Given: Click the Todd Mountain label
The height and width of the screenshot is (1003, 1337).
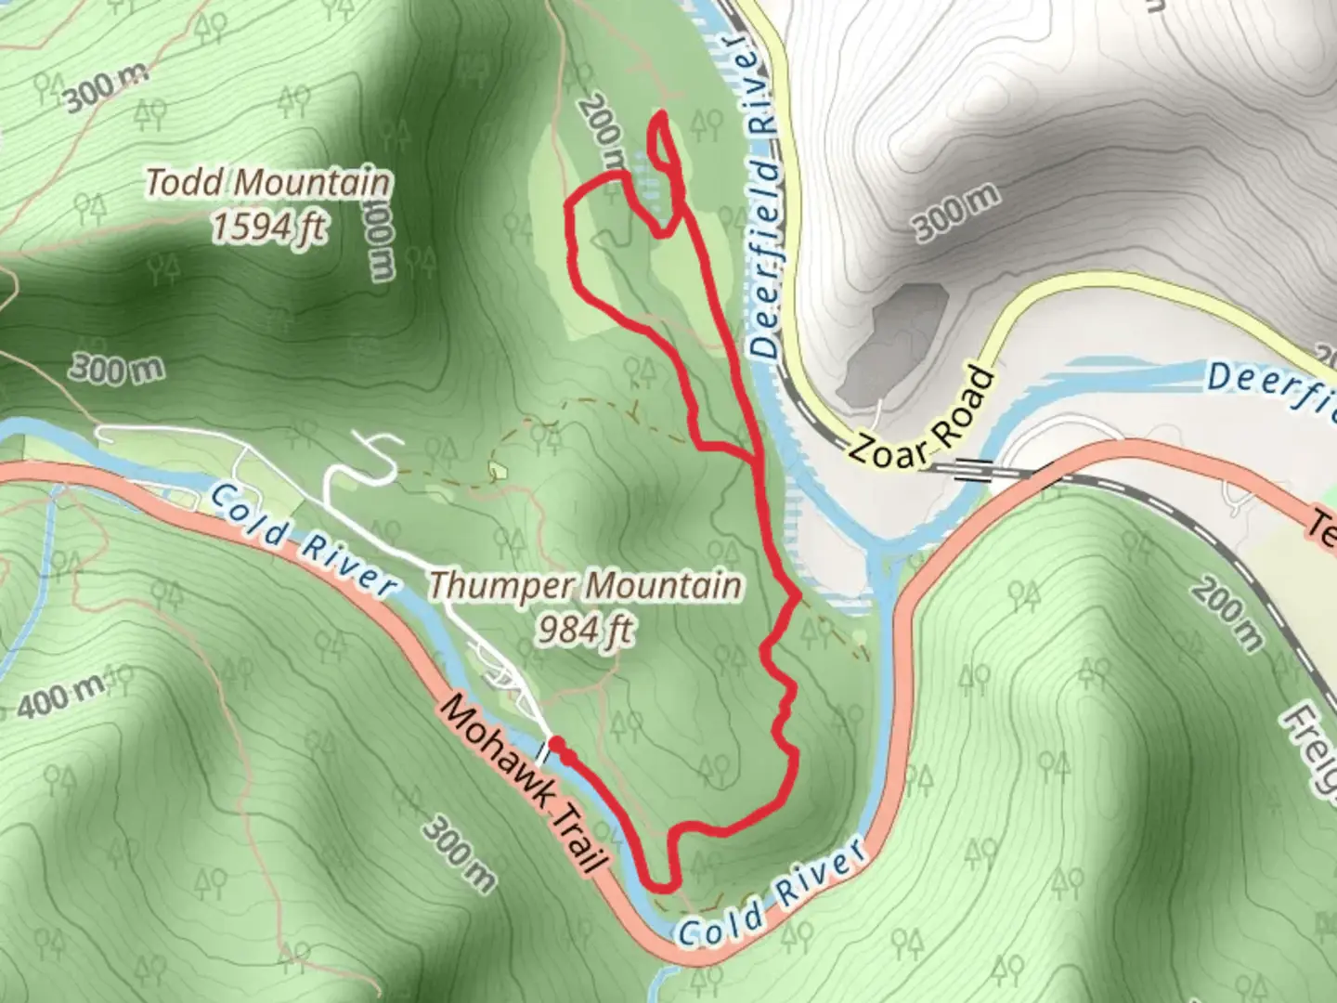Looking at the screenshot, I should [x=268, y=182].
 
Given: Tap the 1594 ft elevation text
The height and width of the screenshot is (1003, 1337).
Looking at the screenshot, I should [x=268, y=226].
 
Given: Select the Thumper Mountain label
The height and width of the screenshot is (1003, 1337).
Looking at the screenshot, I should [x=586, y=586].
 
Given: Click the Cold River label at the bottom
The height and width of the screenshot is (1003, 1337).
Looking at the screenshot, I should [x=772, y=897].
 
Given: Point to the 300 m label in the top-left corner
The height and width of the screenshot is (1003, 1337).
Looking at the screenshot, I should [x=104, y=88].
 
